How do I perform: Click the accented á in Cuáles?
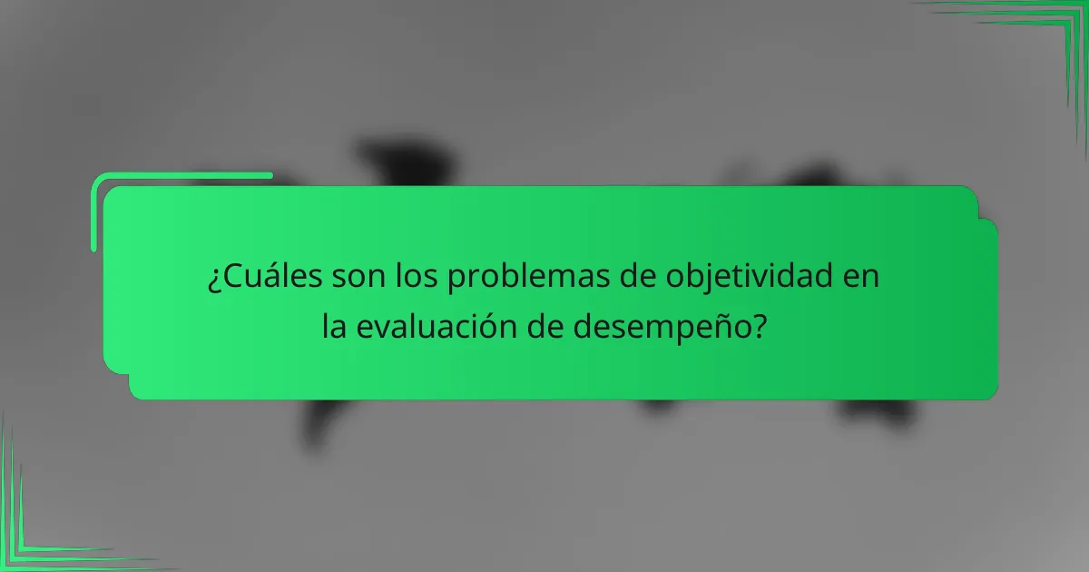(x=263, y=277)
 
